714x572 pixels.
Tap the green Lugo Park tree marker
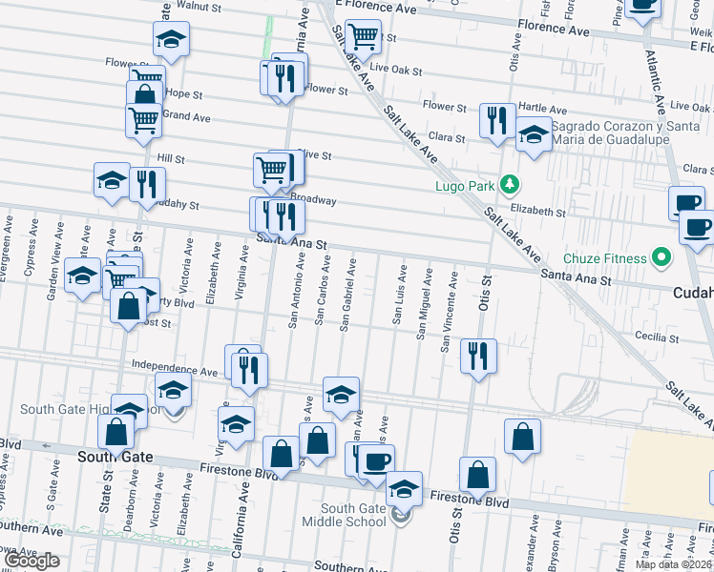click(511, 183)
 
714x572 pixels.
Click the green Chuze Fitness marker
click(660, 257)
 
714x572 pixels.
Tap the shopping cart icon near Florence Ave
click(363, 37)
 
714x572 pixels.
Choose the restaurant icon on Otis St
click(478, 356)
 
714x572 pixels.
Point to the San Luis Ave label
click(397, 296)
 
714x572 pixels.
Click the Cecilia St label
click(654, 336)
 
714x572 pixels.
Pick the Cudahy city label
click(693, 294)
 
